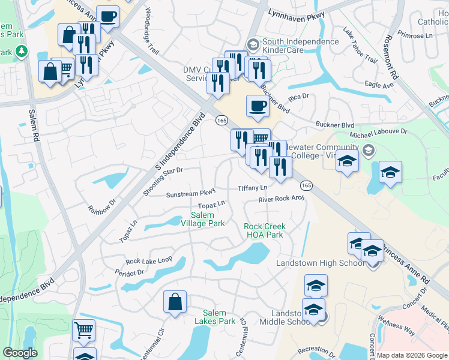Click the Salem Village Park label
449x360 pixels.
[207, 219]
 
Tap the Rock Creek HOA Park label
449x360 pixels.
[264, 230]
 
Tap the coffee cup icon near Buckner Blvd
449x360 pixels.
[258, 106]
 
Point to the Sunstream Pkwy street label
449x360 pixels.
[190, 194]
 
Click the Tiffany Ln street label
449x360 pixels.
[252, 188]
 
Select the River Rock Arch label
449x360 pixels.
[282, 199]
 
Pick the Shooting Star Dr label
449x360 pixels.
[163, 170]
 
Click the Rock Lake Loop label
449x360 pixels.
[149, 261]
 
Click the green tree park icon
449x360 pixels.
[22, 51]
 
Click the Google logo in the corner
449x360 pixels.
[20, 353]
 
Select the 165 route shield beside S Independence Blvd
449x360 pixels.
[221, 121]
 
